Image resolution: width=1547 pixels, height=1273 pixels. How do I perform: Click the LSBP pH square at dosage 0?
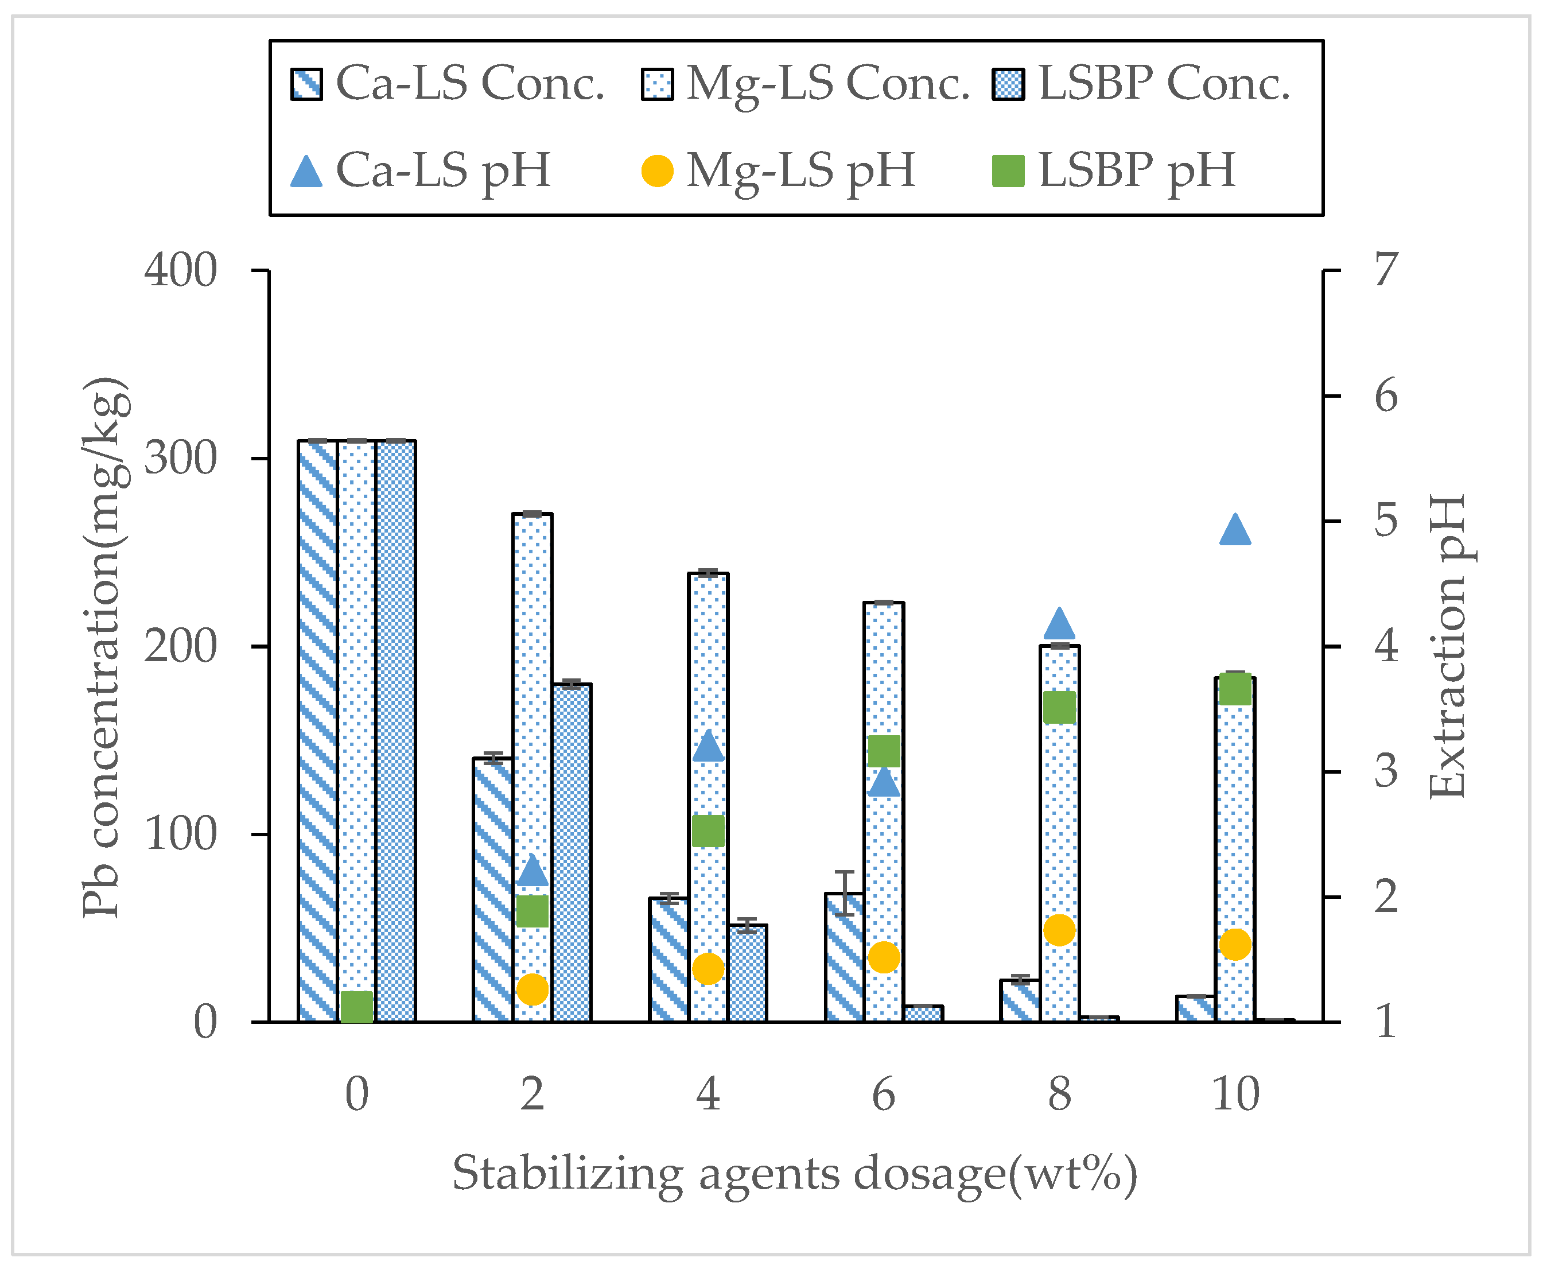pyautogui.click(x=357, y=1007)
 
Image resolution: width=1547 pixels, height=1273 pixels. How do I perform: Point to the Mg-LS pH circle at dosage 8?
pyautogui.click(x=1059, y=930)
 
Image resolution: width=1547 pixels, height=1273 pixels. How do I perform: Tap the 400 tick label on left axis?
pyautogui.click(x=180, y=270)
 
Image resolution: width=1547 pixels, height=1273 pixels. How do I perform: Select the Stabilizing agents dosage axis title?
pyautogui.click(x=795, y=1175)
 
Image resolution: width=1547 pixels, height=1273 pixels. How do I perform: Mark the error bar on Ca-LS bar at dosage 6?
pyautogui.click(x=845, y=892)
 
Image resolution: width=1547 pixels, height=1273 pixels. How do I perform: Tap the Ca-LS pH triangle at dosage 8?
pyautogui.click(x=1059, y=625)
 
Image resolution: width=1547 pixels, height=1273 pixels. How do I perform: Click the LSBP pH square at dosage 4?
pyautogui.click(x=708, y=831)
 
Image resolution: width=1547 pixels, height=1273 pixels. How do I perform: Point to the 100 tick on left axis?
pyautogui.click(x=180, y=835)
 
